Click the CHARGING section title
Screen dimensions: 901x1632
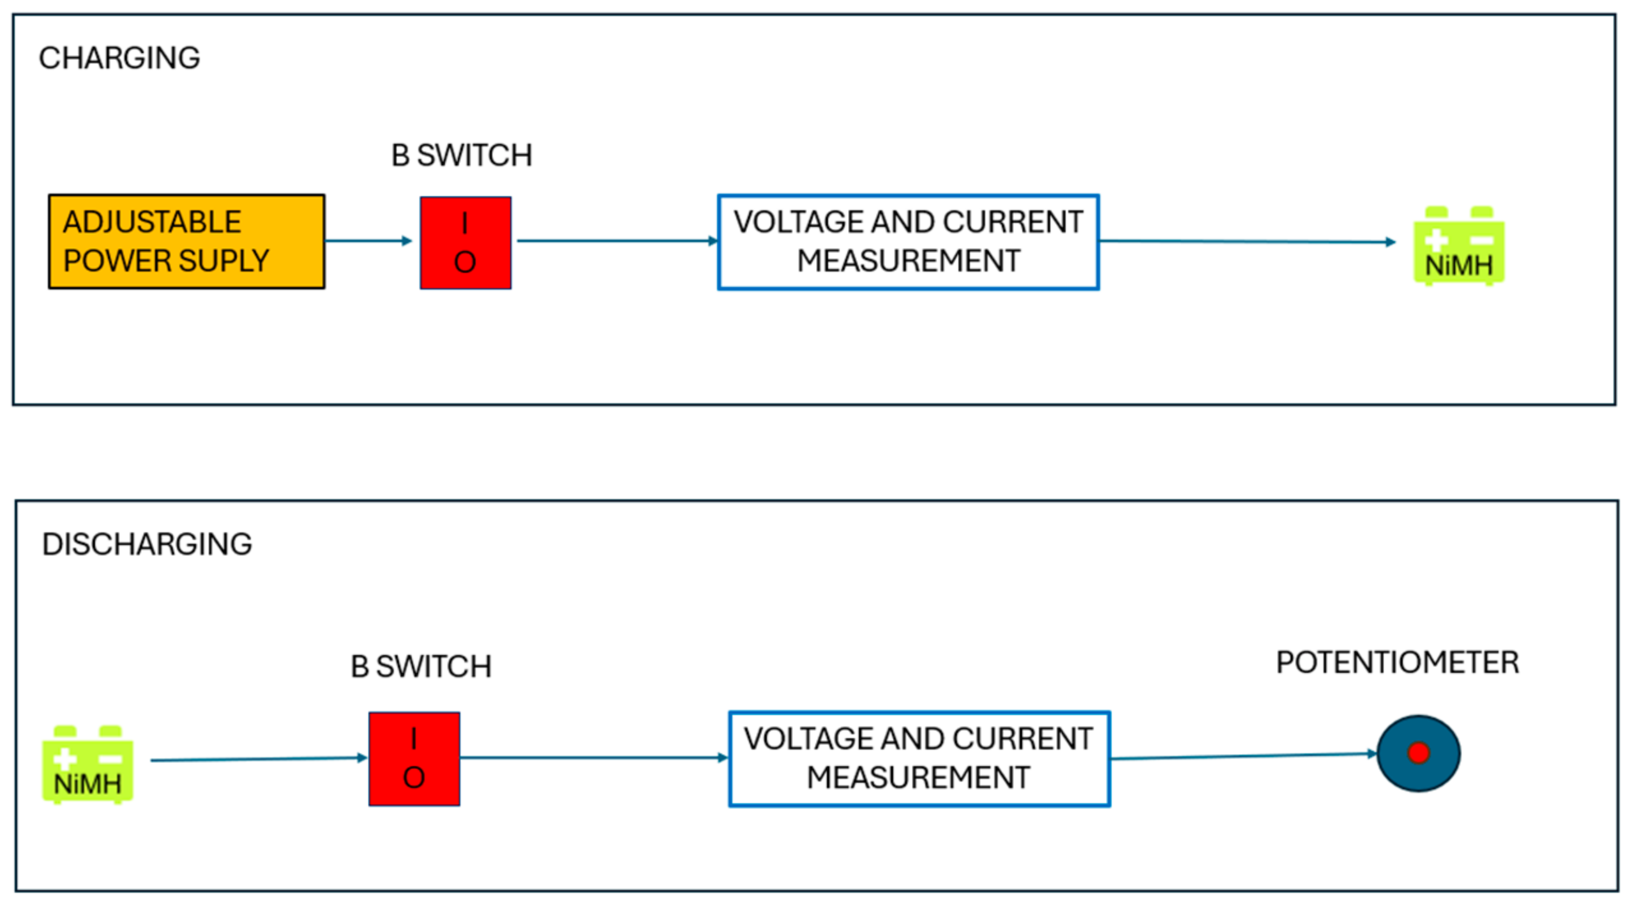click(119, 58)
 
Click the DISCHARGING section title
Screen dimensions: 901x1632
click(147, 544)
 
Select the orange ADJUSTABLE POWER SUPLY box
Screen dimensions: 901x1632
click(186, 242)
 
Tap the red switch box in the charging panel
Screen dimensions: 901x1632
click(465, 243)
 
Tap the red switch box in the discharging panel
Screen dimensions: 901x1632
click(414, 759)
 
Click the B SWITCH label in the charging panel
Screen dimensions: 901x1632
click(462, 155)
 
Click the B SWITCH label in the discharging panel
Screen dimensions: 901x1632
click(421, 666)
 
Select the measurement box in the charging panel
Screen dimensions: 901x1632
click(908, 242)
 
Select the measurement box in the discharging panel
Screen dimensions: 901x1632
click(919, 759)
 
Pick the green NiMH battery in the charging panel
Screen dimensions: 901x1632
click(1458, 245)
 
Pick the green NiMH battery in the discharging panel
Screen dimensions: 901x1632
click(87, 764)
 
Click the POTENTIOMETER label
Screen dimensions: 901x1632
click(1397, 663)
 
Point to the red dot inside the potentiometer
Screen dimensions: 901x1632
click(1418, 753)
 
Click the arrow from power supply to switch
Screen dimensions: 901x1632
click(368, 241)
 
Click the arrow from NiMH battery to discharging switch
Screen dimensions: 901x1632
click(258, 759)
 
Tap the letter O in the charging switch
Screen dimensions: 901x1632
click(465, 262)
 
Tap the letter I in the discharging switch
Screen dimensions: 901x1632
click(414, 739)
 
